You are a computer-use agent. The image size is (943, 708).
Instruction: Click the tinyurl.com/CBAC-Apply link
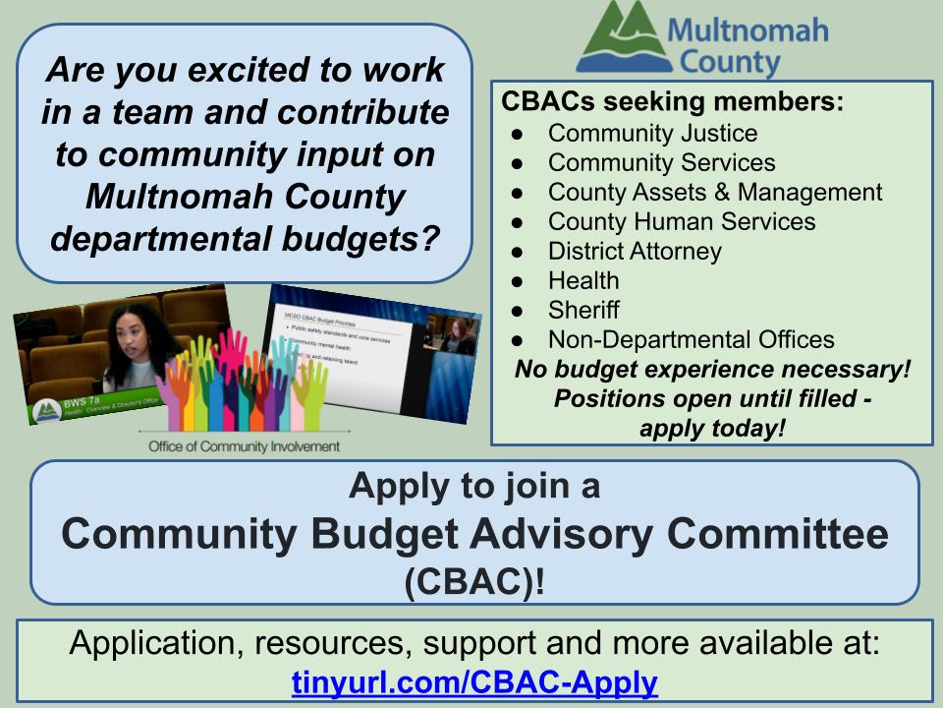474,680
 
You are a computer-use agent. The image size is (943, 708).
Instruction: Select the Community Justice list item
652,133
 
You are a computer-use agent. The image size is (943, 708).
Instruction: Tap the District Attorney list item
635,251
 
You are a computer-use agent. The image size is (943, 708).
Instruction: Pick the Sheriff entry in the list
583,310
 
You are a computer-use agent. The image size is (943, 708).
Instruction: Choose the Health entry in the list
583,280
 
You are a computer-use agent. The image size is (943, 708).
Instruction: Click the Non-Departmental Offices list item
691,339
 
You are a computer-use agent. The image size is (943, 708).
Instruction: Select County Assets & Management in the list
715,192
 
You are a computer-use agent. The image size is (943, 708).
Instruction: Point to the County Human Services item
682,221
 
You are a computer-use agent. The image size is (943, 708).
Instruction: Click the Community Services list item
661,162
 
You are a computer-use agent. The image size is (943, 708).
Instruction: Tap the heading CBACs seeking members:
672,102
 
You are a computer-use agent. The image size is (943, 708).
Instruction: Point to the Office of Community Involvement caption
244,446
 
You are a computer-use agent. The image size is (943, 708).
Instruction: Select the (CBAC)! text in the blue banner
474,581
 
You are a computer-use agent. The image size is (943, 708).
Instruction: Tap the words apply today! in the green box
712,429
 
